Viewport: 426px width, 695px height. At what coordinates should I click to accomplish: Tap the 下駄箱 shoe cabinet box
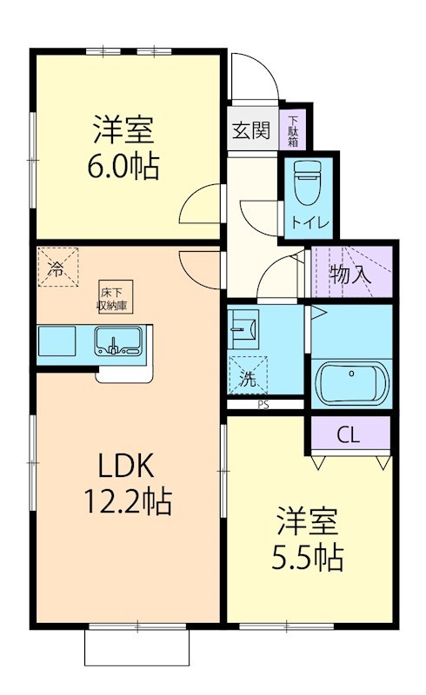[x=293, y=131]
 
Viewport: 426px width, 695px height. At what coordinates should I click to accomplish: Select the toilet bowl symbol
[x=308, y=183]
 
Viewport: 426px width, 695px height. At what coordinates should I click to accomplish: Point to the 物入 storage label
[x=349, y=275]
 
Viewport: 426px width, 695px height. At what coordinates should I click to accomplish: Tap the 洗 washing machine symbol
[x=248, y=376]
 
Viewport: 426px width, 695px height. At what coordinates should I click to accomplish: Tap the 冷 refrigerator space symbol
[x=57, y=268]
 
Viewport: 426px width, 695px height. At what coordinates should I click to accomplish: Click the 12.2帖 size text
[x=126, y=501]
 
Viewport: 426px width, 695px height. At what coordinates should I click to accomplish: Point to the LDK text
[x=124, y=467]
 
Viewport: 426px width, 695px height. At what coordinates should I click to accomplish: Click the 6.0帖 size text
[x=124, y=165]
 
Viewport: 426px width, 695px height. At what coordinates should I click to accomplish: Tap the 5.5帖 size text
[x=308, y=556]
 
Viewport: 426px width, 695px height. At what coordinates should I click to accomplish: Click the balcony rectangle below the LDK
[x=137, y=646]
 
